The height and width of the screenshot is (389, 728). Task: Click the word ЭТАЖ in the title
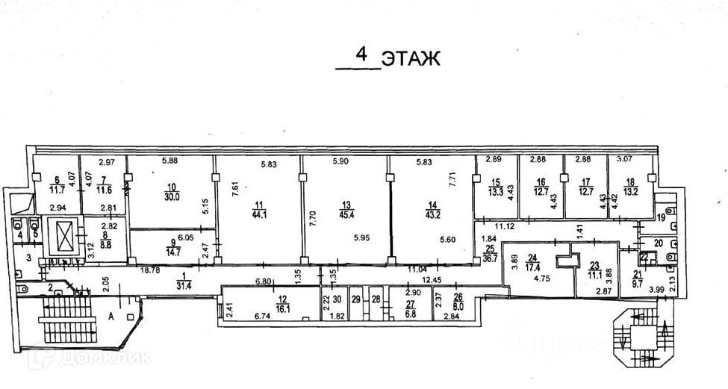(x=410, y=58)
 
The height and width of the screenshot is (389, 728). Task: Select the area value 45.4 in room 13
(x=346, y=216)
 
